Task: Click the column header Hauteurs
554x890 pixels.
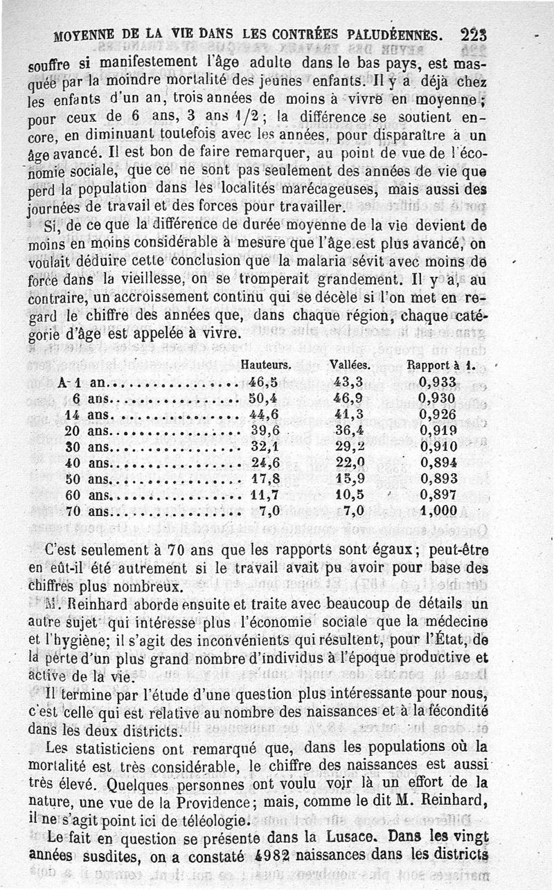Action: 266,364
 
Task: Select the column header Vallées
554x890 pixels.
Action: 350,364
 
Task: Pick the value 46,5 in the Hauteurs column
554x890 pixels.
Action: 263,382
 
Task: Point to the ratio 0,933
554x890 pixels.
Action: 438,382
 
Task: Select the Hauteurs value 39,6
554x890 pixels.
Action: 263,431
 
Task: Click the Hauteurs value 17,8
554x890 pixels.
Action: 263,479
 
